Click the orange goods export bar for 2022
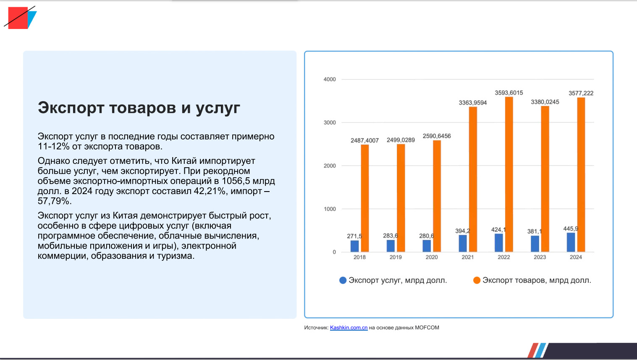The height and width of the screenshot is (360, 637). (509, 174)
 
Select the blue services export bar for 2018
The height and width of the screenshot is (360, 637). (355, 246)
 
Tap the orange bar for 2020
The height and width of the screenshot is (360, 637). (437, 196)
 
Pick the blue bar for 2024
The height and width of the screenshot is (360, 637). (571, 242)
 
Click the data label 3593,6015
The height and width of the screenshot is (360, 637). (509, 93)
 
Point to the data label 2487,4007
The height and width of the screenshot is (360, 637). (364, 140)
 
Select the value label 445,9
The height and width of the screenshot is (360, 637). (571, 229)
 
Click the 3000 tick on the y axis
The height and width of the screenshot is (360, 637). (330, 123)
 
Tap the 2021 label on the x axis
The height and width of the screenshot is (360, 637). (468, 257)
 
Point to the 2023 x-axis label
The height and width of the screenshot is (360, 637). (540, 257)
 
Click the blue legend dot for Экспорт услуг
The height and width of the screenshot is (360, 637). (343, 280)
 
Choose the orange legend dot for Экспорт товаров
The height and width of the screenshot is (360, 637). (477, 280)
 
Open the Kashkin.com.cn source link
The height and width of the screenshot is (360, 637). (349, 328)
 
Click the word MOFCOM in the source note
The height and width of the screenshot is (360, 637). (427, 328)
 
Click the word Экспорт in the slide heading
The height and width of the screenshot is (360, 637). (71, 108)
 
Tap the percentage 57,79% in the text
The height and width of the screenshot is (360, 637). (55, 201)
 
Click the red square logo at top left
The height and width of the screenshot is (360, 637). (18, 18)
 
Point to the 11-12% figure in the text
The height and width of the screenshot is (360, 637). (54, 147)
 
